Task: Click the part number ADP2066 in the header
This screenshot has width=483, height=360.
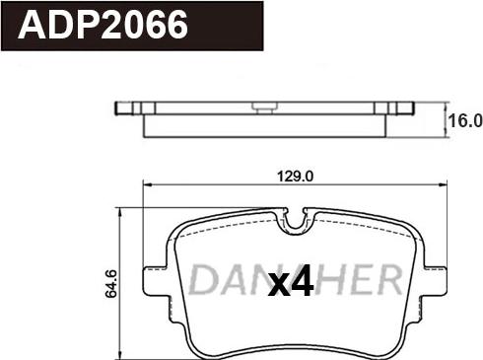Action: point(103,25)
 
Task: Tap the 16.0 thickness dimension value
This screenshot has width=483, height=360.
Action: point(465,121)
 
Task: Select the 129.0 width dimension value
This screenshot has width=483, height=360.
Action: point(296,177)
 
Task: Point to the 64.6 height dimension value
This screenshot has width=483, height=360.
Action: point(111,283)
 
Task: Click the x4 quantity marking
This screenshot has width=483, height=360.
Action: point(291,280)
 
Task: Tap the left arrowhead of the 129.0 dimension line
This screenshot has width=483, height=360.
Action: point(147,184)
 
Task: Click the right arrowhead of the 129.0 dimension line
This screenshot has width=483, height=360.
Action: point(444,184)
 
